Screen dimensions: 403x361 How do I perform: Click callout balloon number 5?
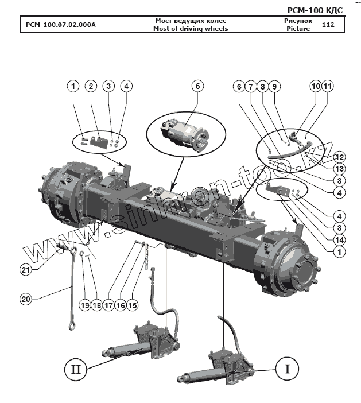click(x=197, y=86)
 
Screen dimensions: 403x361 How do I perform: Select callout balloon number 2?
click(x=90, y=86)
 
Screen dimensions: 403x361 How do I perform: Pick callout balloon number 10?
click(x=315, y=86)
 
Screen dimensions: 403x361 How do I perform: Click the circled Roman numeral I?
click(x=285, y=367)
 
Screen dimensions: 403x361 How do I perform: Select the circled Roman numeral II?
click(x=75, y=367)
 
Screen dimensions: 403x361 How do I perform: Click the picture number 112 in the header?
click(x=328, y=25)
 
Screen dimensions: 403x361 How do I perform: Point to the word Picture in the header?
click(x=298, y=29)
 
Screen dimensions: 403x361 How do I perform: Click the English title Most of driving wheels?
click(x=191, y=29)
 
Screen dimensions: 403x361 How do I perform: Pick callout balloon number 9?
click(x=274, y=86)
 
